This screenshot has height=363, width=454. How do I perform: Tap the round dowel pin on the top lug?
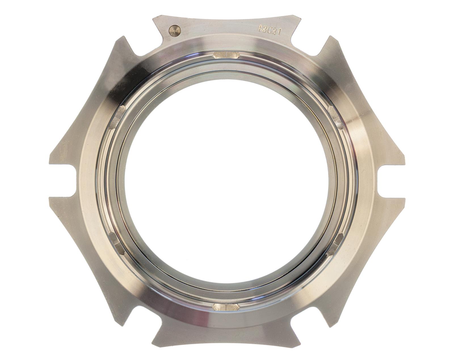pos(174,31)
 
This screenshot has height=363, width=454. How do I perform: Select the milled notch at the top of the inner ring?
pos(226,55)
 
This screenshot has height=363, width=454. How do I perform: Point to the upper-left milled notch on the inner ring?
pos(117,116)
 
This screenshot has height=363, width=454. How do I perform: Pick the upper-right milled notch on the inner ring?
pos(336,116)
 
